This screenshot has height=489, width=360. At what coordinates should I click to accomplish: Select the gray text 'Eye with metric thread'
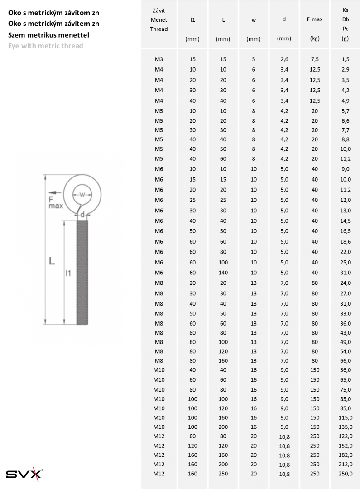(x=46, y=46)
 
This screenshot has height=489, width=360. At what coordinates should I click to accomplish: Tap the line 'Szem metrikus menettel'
(x=48, y=35)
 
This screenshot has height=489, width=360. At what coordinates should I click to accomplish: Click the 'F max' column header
(x=314, y=19)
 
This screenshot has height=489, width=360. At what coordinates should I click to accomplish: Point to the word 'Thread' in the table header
(x=159, y=29)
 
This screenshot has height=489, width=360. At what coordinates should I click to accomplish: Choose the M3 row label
(x=159, y=59)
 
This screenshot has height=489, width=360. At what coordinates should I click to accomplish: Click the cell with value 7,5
(x=315, y=59)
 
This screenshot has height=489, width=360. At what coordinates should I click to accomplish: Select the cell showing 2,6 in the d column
(x=284, y=59)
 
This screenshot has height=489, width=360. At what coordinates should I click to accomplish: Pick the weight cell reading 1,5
(x=346, y=59)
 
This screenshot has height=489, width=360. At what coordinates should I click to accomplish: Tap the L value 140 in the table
(x=223, y=273)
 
